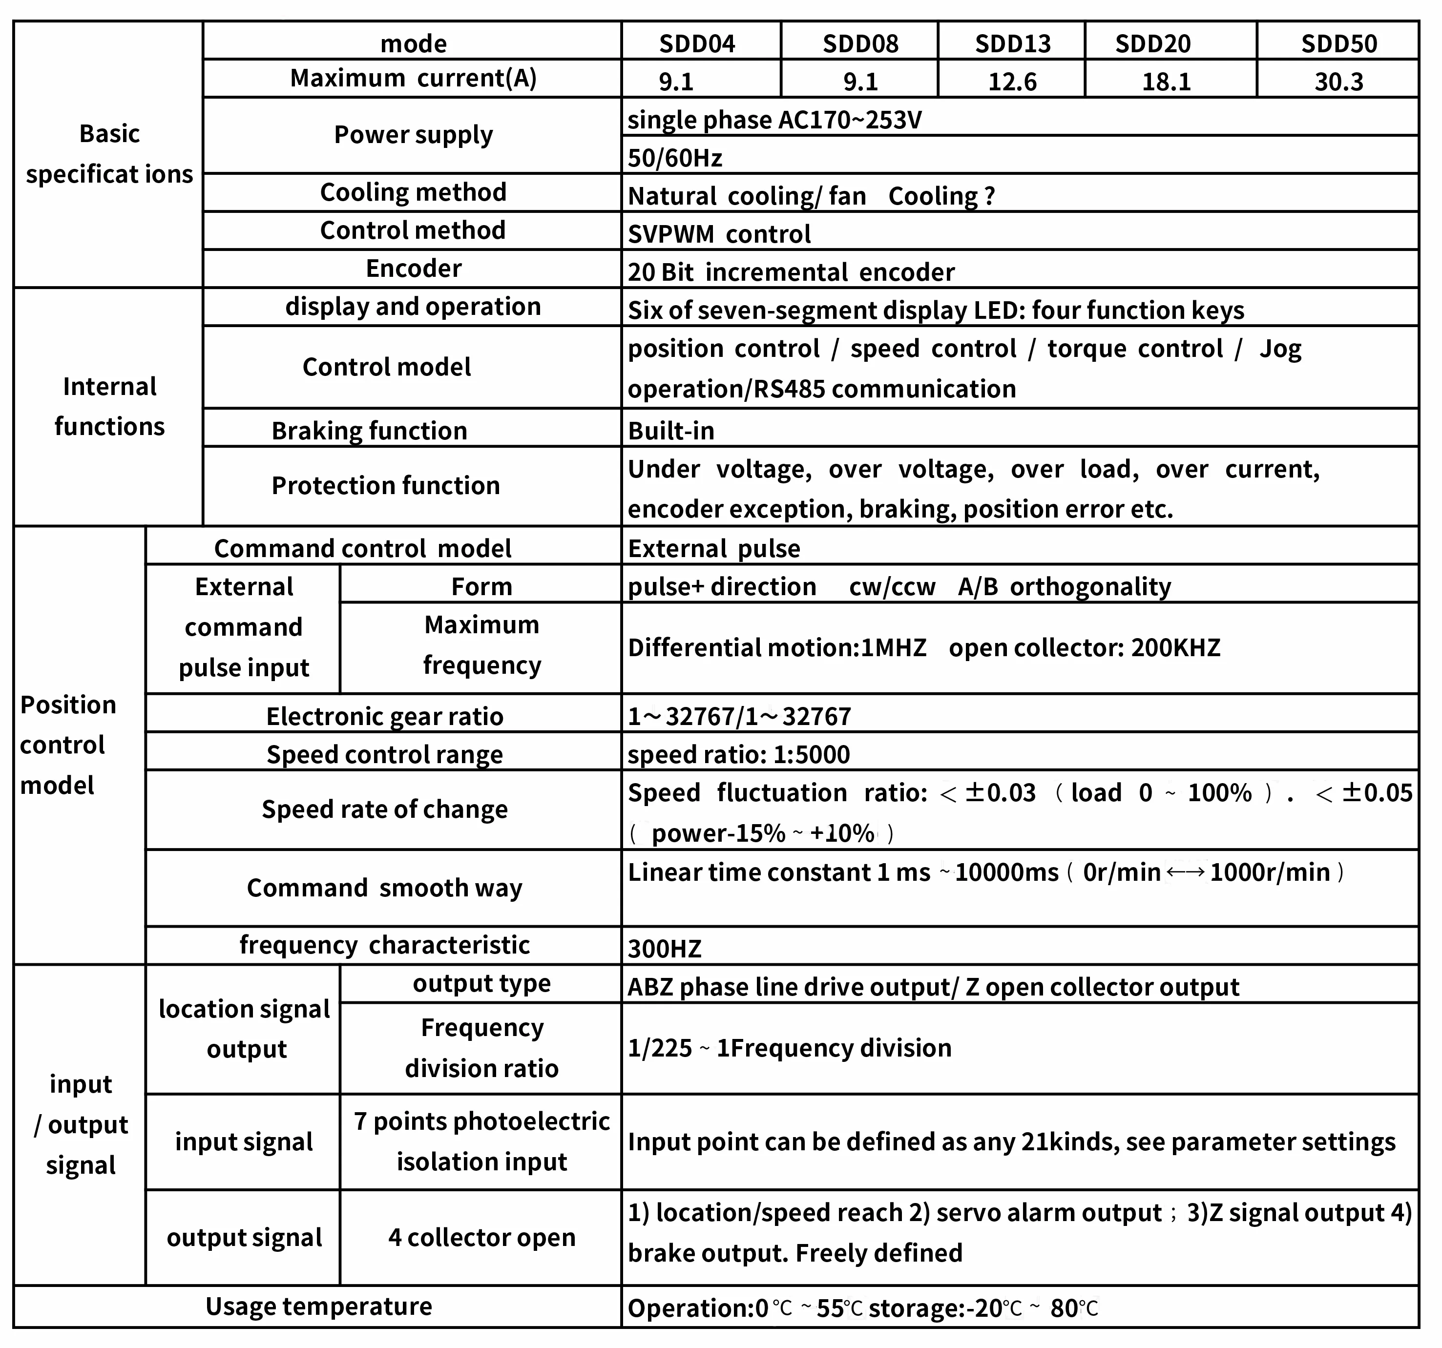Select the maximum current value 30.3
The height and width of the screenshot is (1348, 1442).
pos(1338,81)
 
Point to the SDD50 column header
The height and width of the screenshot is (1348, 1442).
pos(1338,43)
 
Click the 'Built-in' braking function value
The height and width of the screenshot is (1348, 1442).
pos(671,431)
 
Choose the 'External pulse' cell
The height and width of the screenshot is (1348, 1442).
pos(714,548)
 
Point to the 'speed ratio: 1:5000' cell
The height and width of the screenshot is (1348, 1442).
pos(738,755)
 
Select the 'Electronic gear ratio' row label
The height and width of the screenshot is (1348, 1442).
pos(384,716)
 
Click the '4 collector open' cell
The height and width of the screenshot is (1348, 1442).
pos(481,1237)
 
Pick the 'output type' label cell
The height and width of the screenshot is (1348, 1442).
pos(481,983)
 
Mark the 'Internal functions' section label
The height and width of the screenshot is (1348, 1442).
pos(109,406)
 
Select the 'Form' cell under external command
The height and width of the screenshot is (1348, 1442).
pos(481,586)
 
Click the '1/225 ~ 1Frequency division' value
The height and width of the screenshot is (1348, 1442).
pos(789,1048)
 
